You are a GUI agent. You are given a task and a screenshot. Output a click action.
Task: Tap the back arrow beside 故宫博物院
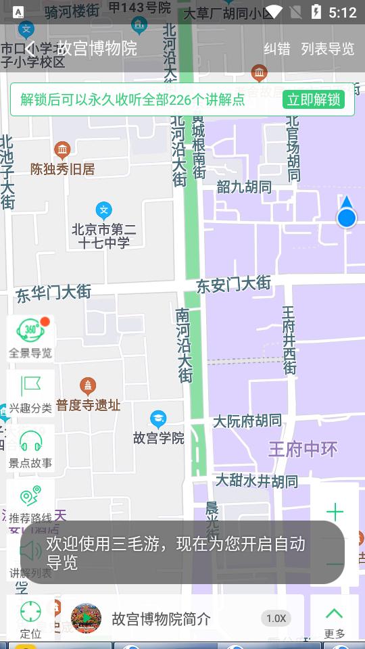(31, 48)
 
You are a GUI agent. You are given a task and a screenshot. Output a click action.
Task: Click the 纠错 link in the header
(276, 49)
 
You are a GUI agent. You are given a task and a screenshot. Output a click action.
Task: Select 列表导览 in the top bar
(328, 49)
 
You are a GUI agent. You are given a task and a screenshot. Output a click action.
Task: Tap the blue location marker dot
(347, 218)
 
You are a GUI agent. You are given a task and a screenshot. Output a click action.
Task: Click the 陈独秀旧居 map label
(62, 169)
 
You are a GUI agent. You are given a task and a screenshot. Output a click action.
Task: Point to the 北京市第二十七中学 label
(103, 236)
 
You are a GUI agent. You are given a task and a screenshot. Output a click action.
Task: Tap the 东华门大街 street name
(53, 293)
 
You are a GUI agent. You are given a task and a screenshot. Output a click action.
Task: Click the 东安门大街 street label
(233, 285)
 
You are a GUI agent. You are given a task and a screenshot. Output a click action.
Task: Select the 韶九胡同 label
(244, 187)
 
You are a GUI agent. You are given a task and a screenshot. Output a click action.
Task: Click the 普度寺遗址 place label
(88, 405)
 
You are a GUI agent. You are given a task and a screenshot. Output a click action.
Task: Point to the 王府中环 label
(303, 449)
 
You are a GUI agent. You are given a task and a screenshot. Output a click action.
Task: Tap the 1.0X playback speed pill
(276, 618)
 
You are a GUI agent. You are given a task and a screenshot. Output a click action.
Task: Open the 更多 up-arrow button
(335, 619)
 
